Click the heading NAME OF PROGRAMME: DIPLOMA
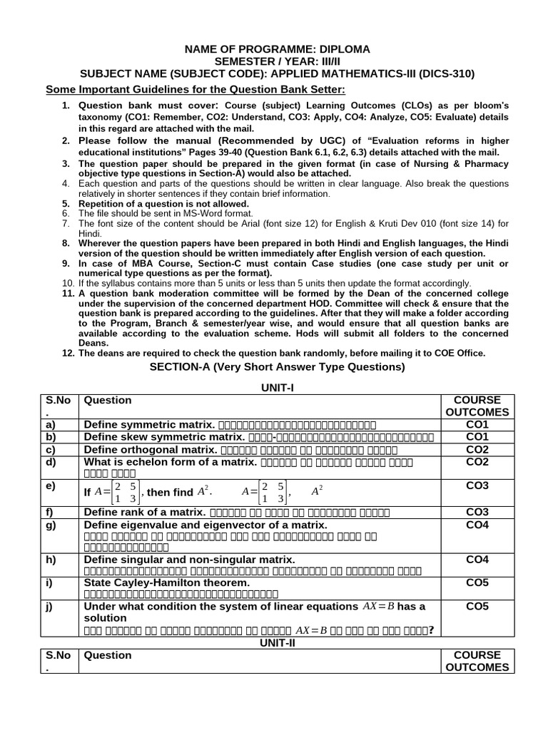click(278, 49)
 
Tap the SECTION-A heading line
click(277, 367)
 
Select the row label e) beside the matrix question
click(51, 486)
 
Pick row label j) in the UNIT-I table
click(51, 607)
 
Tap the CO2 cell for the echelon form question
click(477, 462)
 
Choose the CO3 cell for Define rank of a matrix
click(477, 512)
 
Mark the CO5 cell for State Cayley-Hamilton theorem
click(477, 582)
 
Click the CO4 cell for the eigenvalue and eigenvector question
click(477, 525)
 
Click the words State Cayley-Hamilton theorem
click(167, 582)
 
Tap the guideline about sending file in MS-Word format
click(166, 213)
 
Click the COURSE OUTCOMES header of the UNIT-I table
click(477, 406)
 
